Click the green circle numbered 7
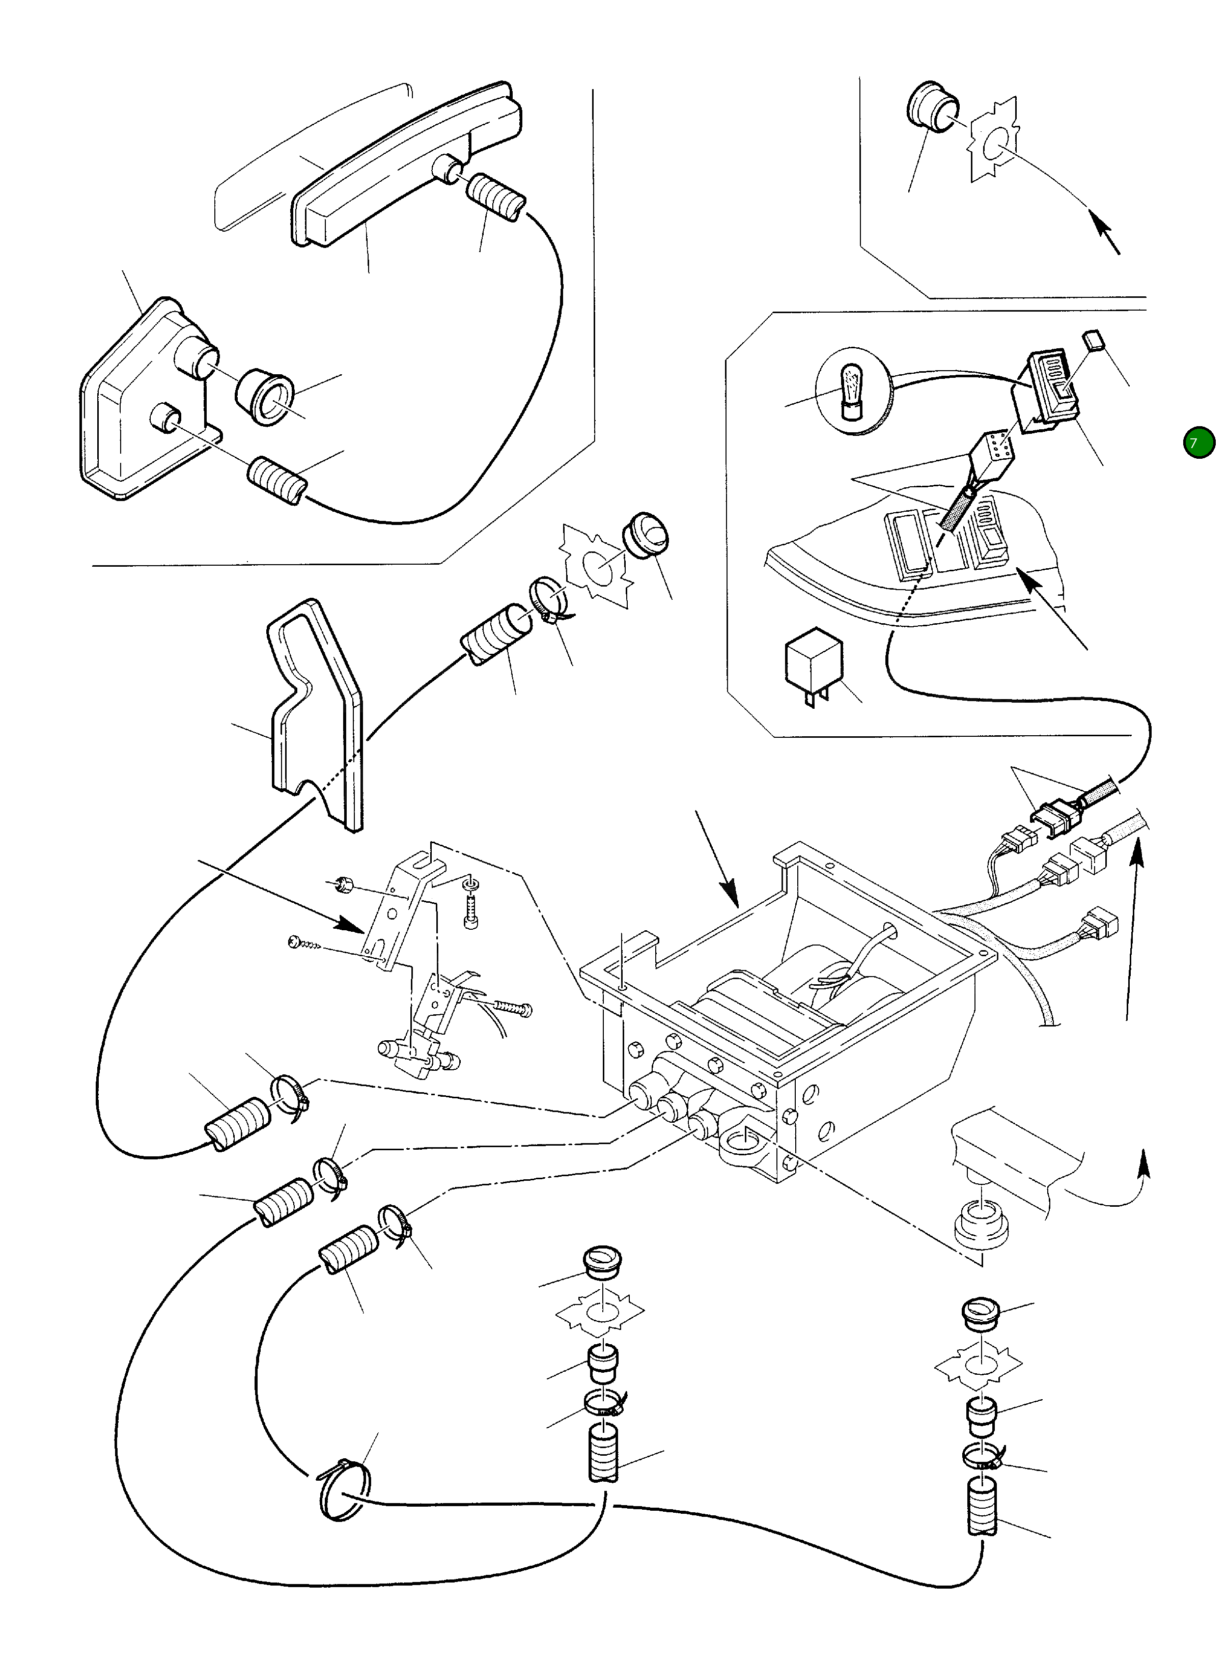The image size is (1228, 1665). pos(1198,442)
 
